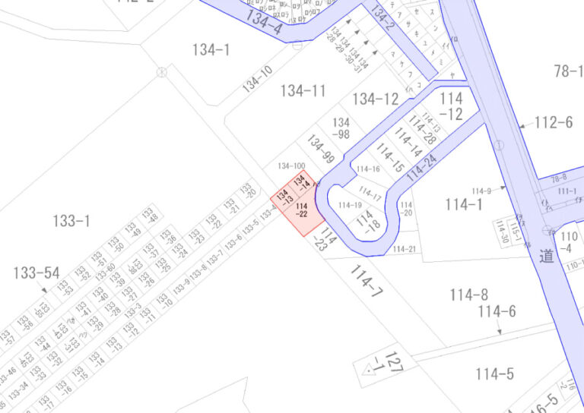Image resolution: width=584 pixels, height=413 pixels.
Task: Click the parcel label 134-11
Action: click(303, 91)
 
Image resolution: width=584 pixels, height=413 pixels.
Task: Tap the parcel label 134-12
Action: click(375, 99)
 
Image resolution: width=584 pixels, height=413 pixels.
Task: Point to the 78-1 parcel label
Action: click(568, 71)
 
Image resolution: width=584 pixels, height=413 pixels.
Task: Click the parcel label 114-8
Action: click(468, 295)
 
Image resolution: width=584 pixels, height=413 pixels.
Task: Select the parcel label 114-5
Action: click(494, 374)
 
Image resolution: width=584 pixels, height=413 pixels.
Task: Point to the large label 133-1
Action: click(71, 221)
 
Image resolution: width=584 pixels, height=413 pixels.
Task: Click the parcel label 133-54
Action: click(36, 273)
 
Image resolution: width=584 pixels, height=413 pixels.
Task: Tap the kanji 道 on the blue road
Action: click(546, 257)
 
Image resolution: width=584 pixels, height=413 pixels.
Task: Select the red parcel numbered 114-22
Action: click(301, 210)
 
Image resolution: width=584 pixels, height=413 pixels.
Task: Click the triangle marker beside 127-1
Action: click(373, 369)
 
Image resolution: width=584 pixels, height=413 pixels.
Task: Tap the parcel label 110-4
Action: click(567, 242)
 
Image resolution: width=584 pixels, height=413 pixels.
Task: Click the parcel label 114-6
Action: click(497, 311)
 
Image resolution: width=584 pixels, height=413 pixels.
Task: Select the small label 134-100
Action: click(291, 166)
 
